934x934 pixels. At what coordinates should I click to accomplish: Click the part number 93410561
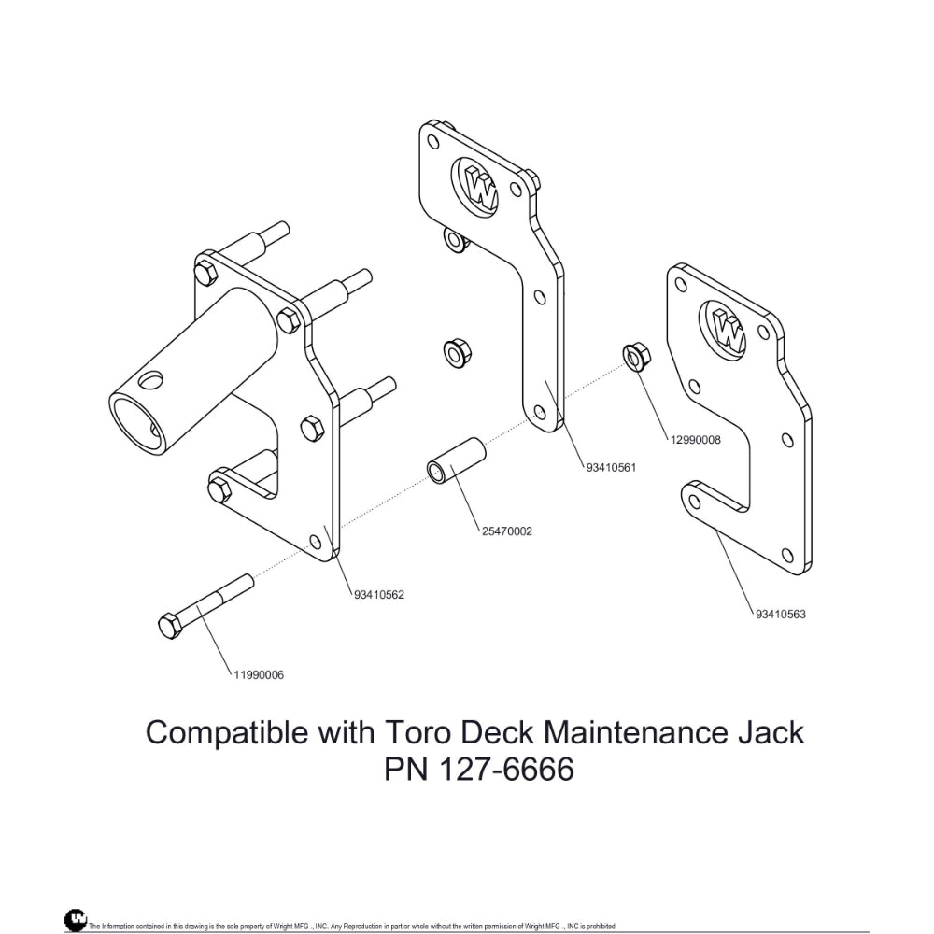click(x=611, y=467)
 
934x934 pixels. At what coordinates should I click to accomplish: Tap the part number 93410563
click(x=780, y=614)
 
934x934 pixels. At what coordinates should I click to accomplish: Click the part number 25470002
click(x=507, y=531)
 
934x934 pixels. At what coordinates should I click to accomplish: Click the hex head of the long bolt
click(x=170, y=627)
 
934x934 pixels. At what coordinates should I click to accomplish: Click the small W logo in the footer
click(x=76, y=920)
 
